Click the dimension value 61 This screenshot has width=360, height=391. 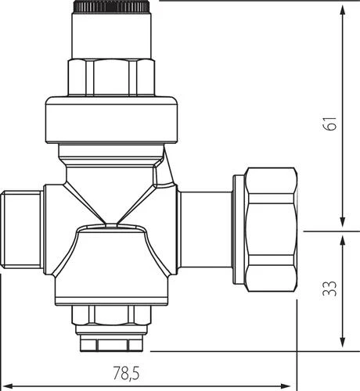(x=331, y=124)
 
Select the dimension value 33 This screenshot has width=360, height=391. (x=331, y=289)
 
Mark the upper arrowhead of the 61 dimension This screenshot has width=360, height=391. (x=342, y=9)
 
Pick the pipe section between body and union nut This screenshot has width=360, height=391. (x=206, y=228)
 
